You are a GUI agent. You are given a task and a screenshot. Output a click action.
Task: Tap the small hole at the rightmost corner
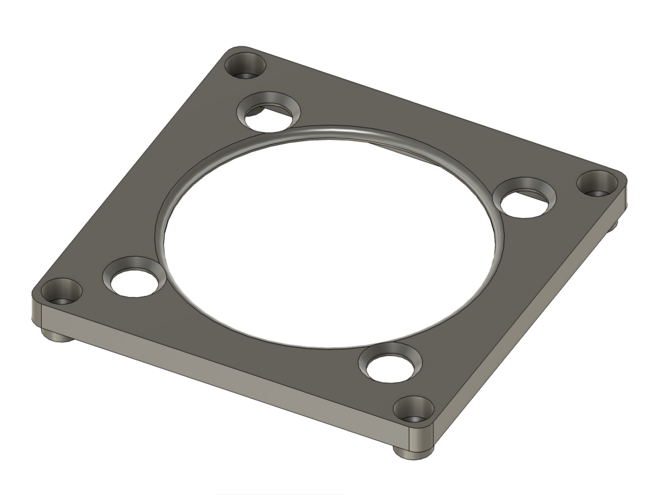pos(598,184)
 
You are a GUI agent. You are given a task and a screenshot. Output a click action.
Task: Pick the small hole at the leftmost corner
pos(61,292)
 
